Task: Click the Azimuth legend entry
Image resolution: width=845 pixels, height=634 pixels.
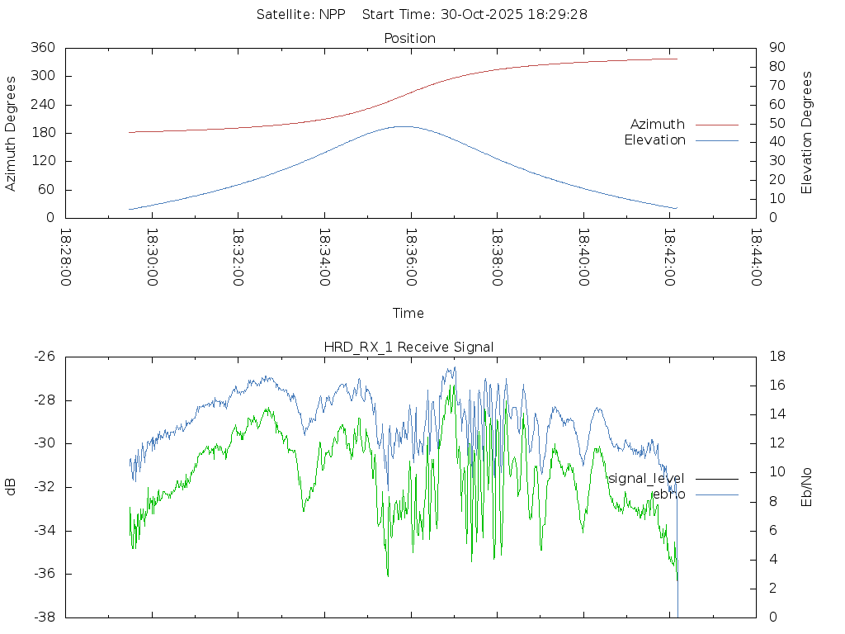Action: pyautogui.click(x=658, y=125)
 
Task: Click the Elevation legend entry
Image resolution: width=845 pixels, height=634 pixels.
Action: pyautogui.click(x=654, y=140)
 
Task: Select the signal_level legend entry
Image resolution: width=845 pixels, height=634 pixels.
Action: pyautogui.click(x=646, y=479)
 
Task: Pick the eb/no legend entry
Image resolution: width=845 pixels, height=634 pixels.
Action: pyautogui.click(x=668, y=494)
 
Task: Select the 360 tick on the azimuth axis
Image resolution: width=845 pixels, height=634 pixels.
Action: pyautogui.click(x=42, y=48)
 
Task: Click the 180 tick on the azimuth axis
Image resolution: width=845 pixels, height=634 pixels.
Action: pyautogui.click(x=42, y=133)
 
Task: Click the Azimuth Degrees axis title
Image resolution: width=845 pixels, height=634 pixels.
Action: pyautogui.click(x=12, y=133)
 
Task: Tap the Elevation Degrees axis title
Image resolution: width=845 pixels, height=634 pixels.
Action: pyautogui.click(x=807, y=133)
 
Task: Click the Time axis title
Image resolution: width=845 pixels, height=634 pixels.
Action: pyautogui.click(x=408, y=314)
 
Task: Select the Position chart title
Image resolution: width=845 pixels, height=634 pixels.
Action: pyautogui.click(x=410, y=39)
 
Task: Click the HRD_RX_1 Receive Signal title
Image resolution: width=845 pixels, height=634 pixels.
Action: pyautogui.click(x=409, y=348)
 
